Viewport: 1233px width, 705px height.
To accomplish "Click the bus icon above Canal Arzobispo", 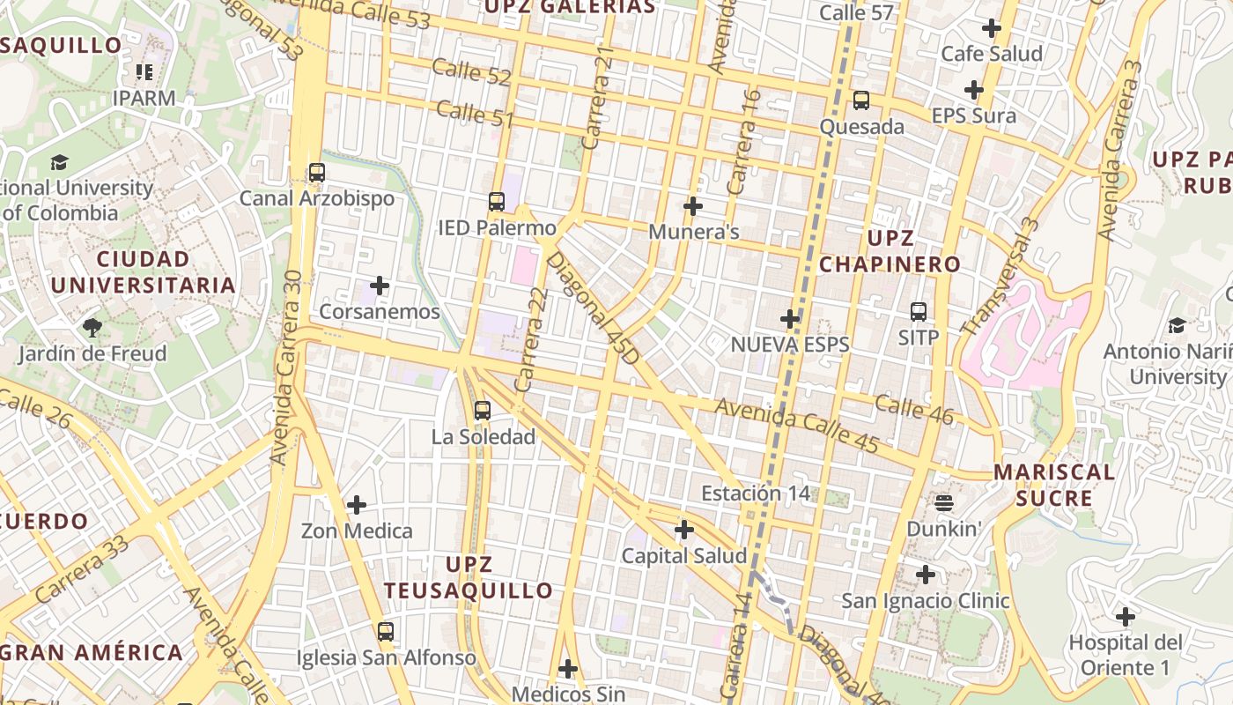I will [x=317, y=173].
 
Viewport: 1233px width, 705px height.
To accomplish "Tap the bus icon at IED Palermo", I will [x=497, y=202].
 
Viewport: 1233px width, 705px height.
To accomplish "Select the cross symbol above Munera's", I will [x=693, y=207].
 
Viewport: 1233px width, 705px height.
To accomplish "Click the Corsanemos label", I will [x=380, y=312].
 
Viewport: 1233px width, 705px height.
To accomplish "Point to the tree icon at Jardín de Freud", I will [x=92, y=329].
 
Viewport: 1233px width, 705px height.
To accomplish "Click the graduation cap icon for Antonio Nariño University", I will [x=1177, y=326].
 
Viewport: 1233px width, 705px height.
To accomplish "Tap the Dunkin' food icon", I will [x=944, y=503].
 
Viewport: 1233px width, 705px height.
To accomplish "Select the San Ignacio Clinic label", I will [x=925, y=601].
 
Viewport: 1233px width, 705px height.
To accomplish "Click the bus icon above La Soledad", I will [x=482, y=411].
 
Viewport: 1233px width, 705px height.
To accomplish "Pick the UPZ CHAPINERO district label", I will [x=890, y=251].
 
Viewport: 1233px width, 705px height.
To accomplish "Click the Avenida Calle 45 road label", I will [x=797, y=426].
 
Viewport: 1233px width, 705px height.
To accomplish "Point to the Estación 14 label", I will [x=756, y=493].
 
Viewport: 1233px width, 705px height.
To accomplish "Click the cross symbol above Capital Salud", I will [x=683, y=530].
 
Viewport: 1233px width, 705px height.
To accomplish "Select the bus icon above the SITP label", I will [x=919, y=311].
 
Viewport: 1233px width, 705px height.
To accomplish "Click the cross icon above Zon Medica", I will [x=357, y=505].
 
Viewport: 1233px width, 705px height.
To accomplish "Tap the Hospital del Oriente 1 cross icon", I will [x=1125, y=617].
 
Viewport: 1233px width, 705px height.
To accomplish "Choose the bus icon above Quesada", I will [x=861, y=100].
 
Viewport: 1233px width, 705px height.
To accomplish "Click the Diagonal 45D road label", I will [x=592, y=308].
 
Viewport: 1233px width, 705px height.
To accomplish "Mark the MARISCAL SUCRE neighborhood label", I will [x=1054, y=485].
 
